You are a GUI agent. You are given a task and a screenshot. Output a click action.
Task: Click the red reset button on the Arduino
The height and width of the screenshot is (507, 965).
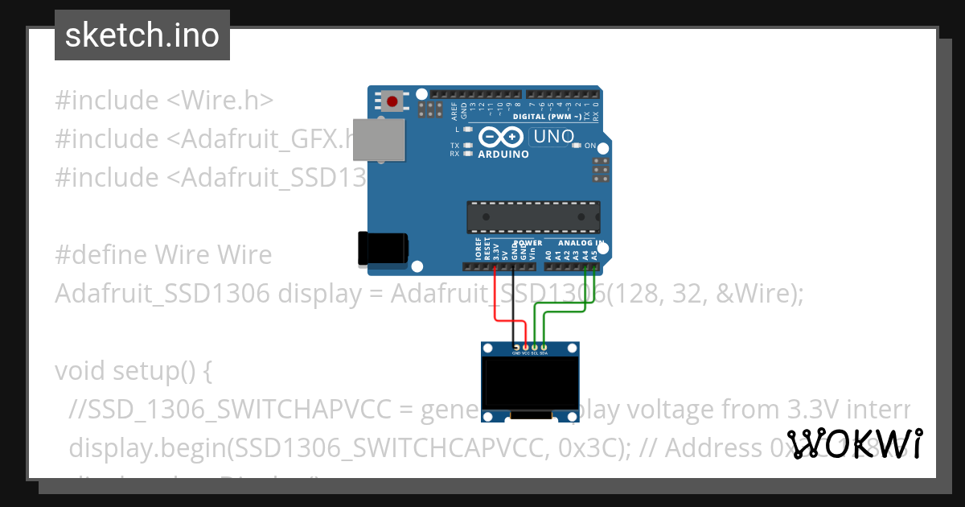coord(392,101)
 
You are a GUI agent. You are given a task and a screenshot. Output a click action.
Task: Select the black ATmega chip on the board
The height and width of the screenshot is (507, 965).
coord(533,216)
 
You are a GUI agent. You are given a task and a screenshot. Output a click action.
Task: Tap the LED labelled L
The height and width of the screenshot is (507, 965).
coord(468,129)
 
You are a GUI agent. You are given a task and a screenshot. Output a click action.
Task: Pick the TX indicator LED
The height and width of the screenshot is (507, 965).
coord(468,146)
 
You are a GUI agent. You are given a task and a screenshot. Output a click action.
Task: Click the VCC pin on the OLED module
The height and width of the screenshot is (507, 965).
coord(525,348)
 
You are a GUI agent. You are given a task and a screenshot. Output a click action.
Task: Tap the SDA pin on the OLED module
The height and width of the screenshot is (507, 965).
coord(544,348)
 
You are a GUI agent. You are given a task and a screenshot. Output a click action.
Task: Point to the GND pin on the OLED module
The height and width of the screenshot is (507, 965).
coord(515,348)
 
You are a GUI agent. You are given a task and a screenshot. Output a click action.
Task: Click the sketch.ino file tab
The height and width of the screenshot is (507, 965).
coord(142,35)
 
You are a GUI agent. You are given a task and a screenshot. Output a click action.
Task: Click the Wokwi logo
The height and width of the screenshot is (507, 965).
coord(855,444)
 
